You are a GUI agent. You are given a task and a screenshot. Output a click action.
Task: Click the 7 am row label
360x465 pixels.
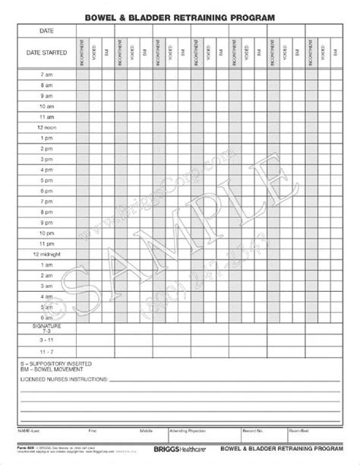pyautogui.click(x=46, y=74)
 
